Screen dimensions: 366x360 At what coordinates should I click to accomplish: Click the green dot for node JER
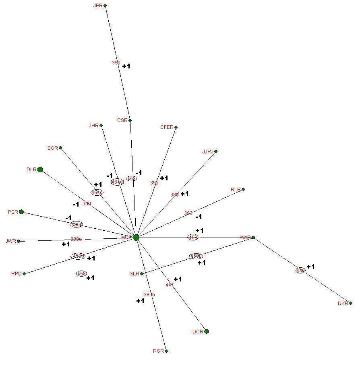[x=105, y=6]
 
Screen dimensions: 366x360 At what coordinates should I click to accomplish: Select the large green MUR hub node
[x=136, y=238]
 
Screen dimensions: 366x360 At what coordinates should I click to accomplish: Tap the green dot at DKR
[x=351, y=303]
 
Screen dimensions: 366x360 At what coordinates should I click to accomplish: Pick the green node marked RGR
[x=166, y=351]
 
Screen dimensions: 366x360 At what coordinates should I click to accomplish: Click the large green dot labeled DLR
[x=40, y=170]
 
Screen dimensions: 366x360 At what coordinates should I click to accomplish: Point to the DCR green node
[x=207, y=331]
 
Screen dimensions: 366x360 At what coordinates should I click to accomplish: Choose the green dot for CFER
[x=176, y=127]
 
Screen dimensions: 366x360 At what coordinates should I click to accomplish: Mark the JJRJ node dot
[x=216, y=151]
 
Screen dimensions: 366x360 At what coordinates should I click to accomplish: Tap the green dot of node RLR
[x=243, y=189]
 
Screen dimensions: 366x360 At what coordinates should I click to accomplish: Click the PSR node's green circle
[x=21, y=212]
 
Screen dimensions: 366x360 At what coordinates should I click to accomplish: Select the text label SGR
[x=53, y=148]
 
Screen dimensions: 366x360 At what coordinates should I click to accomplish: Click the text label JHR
[x=93, y=126]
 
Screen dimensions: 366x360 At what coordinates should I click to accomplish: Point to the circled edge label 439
[x=300, y=271]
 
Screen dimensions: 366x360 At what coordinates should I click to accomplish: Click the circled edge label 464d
[x=117, y=182]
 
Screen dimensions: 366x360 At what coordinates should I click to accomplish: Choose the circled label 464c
[x=97, y=192]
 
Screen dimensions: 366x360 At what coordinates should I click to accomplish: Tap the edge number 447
[x=170, y=285]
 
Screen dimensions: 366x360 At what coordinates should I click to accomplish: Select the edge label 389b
[x=149, y=295]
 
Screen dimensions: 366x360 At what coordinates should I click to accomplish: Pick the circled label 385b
[x=77, y=224]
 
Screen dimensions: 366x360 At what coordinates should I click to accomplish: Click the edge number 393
[x=188, y=213]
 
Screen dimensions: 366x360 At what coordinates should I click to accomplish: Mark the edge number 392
[x=154, y=183]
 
